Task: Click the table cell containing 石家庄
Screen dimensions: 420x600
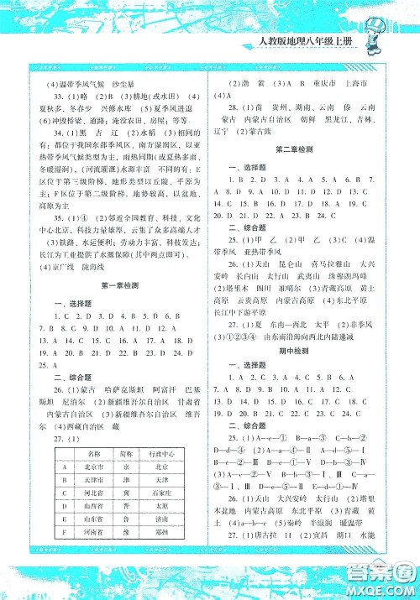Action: [x=167, y=493]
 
